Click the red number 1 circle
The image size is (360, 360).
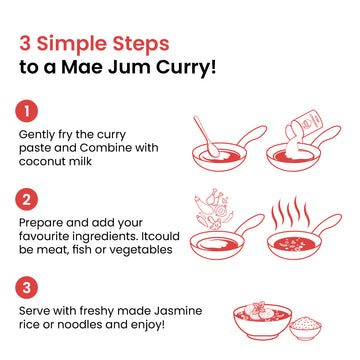(x=26, y=111)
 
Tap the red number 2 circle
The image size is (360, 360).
(x=26, y=199)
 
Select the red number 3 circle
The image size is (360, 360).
(x=26, y=287)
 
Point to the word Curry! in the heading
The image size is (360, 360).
(x=187, y=67)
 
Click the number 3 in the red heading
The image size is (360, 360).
(x=25, y=43)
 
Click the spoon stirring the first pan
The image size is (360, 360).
(x=206, y=136)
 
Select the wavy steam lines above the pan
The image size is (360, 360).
(x=289, y=212)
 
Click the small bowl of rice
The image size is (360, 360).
(x=305, y=327)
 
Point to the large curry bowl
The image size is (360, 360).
(x=262, y=321)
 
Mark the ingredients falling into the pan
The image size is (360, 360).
(x=214, y=208)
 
